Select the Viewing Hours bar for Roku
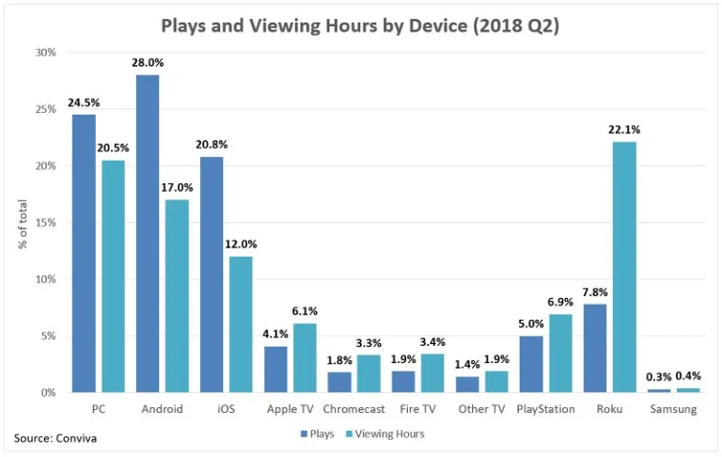(621, 267)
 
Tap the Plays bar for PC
(84, 253)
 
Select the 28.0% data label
(148, 64)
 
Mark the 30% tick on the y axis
(45, 53)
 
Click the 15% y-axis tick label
(45, 223)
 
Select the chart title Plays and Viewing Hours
(360, 25)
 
